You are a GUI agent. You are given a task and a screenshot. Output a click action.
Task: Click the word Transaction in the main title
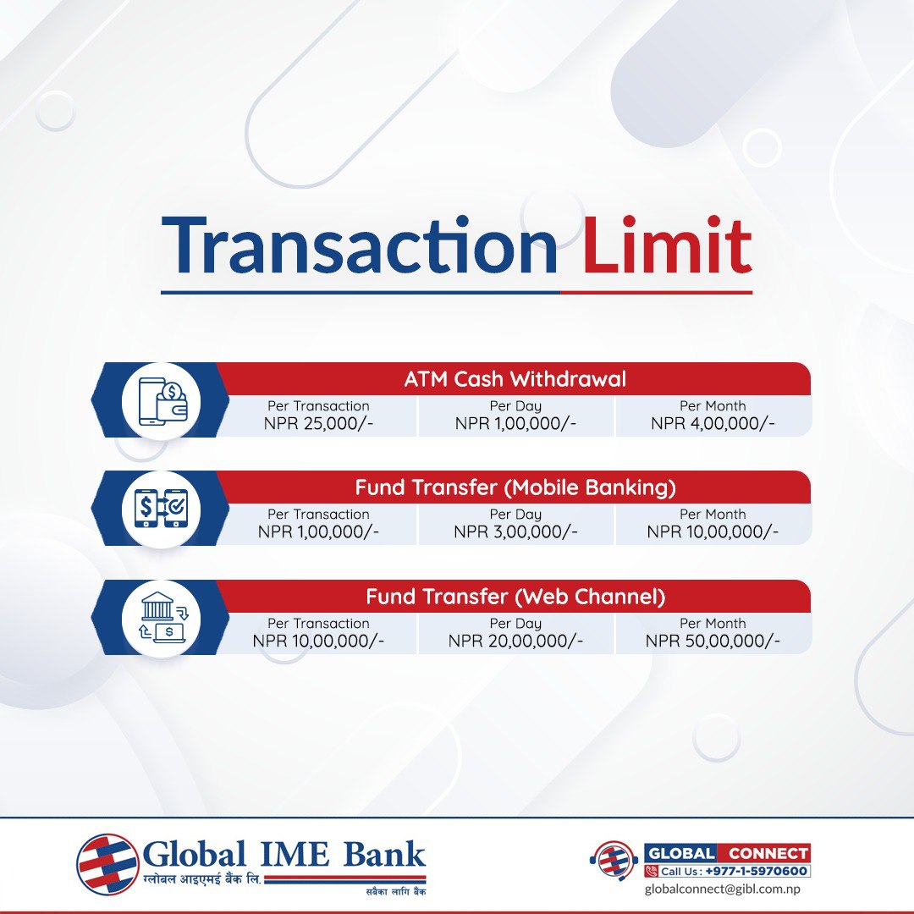(359, 245)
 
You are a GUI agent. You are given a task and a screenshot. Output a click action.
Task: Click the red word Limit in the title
(667, 245)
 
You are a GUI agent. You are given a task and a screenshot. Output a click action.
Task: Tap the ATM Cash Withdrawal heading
(515, 379)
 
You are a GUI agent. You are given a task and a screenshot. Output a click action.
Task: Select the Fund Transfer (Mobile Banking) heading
(515, 487)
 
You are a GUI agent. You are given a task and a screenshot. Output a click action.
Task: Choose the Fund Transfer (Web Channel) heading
(515, 597)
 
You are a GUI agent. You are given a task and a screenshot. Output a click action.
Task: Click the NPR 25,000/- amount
(318, 423)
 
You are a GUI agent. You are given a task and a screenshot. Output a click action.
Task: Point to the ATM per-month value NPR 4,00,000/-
(713, 423)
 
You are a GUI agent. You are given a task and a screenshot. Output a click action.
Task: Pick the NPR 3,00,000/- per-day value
(515, 531)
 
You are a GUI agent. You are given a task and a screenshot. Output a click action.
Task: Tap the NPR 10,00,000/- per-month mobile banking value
(713, 531)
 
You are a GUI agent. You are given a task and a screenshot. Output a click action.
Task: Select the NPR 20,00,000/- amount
(515, 641)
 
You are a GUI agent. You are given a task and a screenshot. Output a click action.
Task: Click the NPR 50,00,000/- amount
(713, 641)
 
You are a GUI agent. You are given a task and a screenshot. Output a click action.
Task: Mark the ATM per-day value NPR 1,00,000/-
(515, 423)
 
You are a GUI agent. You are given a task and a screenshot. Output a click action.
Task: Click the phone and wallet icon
(162, 400)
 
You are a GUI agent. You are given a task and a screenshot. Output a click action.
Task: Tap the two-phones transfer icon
(162, 509)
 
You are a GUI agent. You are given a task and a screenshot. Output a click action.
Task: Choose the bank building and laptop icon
(162, 618)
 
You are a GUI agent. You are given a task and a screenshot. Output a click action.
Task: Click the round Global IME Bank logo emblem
(107, 865)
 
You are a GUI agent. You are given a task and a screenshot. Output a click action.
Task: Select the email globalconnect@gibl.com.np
(722, 889)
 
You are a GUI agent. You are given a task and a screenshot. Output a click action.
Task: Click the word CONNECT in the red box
(768, 853)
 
